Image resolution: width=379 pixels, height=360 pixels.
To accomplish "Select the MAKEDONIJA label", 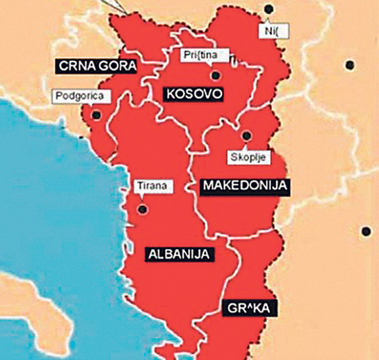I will coord(244,186).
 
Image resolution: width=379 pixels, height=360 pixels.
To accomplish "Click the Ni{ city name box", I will coord(274,30).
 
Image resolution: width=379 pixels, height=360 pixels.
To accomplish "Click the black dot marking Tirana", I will coord(143,209).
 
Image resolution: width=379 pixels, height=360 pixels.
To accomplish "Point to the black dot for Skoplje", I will coord(246,135).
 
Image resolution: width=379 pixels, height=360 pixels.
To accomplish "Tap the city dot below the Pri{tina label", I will coord(216,75).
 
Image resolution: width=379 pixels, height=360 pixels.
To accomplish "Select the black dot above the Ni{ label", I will coord(269,8).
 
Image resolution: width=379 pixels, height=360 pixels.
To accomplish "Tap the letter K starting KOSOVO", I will coord(171,94).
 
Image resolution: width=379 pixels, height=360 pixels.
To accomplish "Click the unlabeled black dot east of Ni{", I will coord(350,65).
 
